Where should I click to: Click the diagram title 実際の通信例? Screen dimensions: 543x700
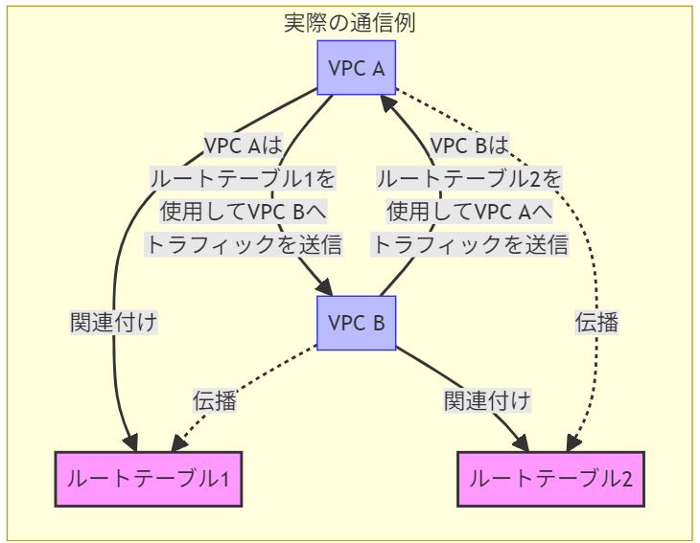(x=349, y=23)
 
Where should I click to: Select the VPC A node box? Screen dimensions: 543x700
(x=356, y=68)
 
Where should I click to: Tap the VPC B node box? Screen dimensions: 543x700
(x=356, y=323)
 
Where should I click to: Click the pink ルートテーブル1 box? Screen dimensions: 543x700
(x=148, y=478)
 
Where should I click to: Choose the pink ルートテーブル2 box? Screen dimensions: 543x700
(x=550, y=478)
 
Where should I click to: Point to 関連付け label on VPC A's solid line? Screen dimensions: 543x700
(x=113, y=323)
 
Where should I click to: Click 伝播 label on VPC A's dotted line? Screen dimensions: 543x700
(x=596, y=323)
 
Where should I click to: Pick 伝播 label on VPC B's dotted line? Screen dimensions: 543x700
(x=214, y=400)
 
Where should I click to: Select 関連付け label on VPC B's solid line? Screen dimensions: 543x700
(x=487, y=400)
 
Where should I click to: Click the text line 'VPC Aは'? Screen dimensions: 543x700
(x=244, y=146)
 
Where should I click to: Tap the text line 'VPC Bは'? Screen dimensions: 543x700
(x=470, y=146)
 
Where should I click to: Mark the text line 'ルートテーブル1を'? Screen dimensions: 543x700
(x=244, y=178)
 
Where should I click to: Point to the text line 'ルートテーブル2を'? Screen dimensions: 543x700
(x=470, y=178)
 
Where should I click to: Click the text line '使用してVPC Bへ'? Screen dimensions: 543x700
(x=244, y=211)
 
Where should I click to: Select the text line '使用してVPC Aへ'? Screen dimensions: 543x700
(x=470, y=211)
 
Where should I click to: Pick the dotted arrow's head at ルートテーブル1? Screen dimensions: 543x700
(x=178, y=444)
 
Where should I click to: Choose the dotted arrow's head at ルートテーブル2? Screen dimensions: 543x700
(x=573, y=442)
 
